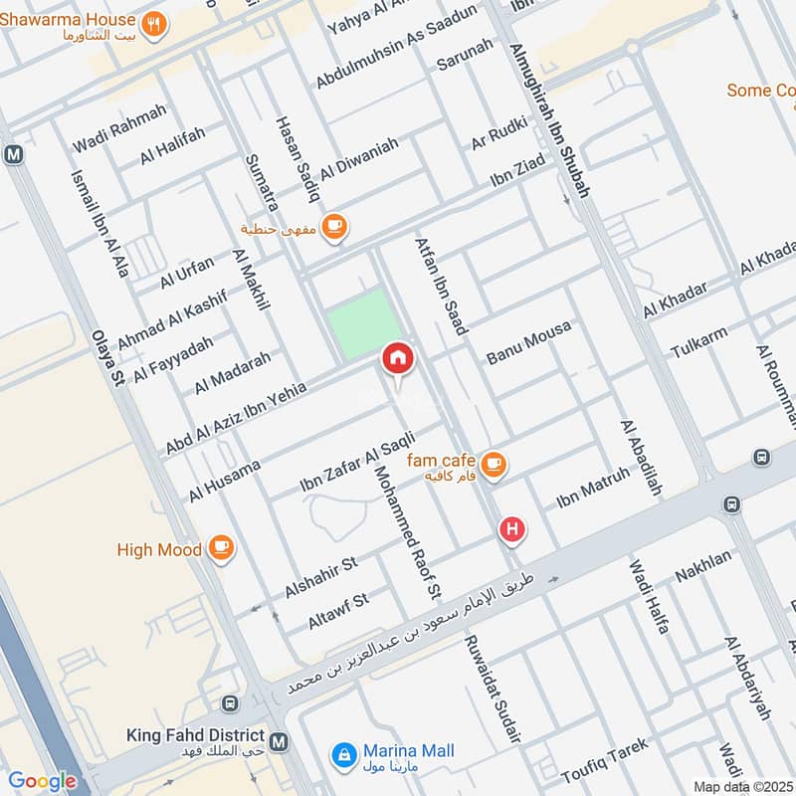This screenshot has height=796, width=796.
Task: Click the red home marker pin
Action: coord(397,357)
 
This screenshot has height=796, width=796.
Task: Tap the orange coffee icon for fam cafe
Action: coord(492,464)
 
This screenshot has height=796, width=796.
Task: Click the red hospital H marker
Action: coord(512,529)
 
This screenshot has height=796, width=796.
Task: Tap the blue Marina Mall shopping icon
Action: coord(344,753)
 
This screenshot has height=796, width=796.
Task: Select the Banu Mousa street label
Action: coord(528,342)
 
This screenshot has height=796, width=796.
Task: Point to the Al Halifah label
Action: coord(172,146)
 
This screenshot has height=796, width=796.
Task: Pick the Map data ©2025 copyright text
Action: coord(741,786)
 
